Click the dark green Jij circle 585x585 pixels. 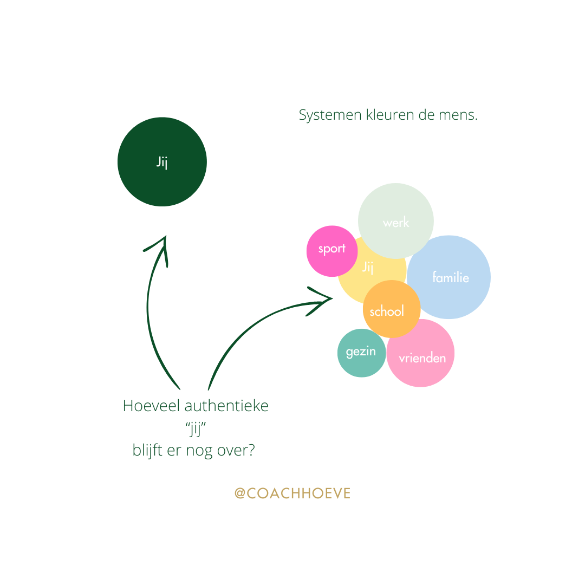pos(162,162)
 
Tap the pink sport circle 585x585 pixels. pos(332,250)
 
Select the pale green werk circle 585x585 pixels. pos(396,221)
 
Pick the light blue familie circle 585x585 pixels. pos(450,277)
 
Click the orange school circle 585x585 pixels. pos(391,310)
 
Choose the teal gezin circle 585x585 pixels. pos(361,353)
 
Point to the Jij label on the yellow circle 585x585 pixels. pos(368,267)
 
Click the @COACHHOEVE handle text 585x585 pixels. pos(292,493)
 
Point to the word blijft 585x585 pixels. pos(147,451)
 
